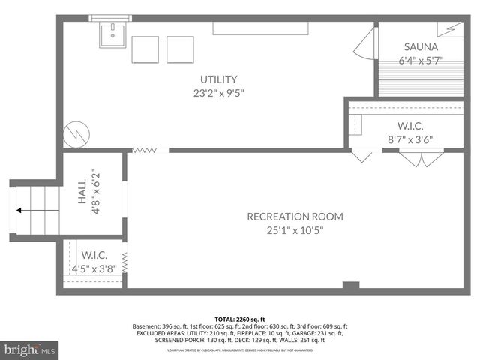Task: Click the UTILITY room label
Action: click(218, 79)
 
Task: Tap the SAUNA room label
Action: click(418, 46)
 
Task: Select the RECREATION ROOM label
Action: click(295, 217)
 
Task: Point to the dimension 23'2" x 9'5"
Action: click(218, 94)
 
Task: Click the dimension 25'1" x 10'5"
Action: click(295, 230)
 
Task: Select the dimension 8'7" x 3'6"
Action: click(409, 139)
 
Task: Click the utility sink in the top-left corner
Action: click(112, 34)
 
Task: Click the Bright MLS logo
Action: click(30, 349)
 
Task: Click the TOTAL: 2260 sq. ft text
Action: click(240, 319)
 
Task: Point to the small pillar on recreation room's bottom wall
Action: click(350, 285)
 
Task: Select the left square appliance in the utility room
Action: click(145, 49)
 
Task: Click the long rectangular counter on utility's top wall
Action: click(261, 28)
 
